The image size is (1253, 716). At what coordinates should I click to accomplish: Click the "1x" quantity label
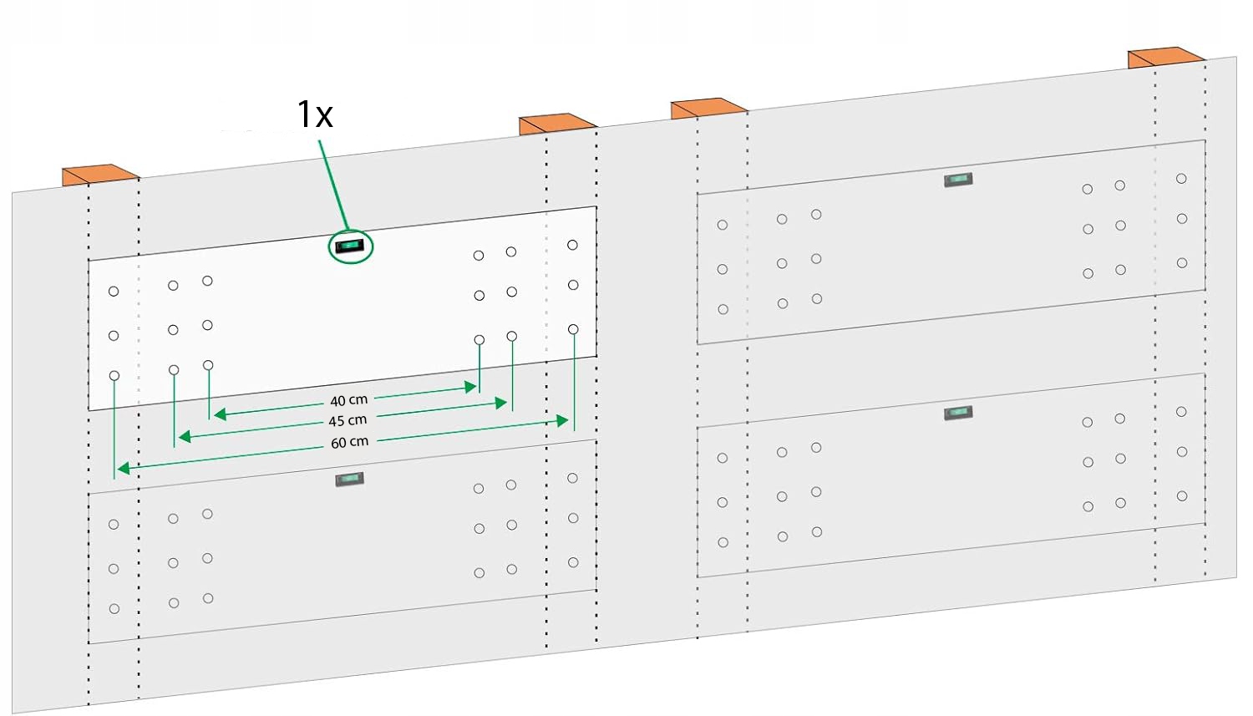pyautogui.click(x=315, y=114)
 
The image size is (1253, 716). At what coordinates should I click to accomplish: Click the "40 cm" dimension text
pyautogui.click(x=348, y=400)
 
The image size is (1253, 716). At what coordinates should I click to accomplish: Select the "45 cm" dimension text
pyautogui.click(x=347, y=420)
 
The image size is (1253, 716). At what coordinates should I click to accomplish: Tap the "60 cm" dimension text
pyautogui.click(x=349, y=442)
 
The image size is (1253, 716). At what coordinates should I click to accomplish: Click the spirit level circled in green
pyautogui.click(x=350, y=246)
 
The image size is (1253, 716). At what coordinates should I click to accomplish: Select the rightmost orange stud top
pyautogui.click(x=1164, y=58)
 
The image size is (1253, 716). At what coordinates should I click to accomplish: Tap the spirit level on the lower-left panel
pyautogui.click(x=349, y=479)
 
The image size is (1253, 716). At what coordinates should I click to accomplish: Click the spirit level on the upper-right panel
pyautogui.click(x=958, y=180)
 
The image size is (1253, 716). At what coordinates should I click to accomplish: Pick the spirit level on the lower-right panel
pyautogui.click(x=958, y=413)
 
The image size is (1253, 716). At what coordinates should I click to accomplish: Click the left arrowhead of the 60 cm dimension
pyautogui.click(x=123, y=469)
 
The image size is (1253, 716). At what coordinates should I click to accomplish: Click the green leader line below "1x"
pyautogui.click(x=333, y=185)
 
